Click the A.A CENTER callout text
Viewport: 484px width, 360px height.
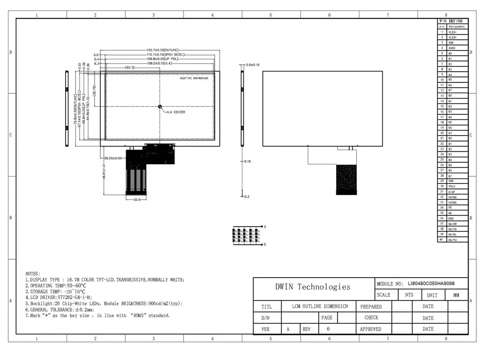(176, 112)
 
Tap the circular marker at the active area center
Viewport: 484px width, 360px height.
(160, 107)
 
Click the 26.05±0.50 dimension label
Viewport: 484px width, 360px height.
(113, 158)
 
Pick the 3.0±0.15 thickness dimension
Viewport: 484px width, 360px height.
(253, 65)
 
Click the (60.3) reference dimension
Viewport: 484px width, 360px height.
(129, 68)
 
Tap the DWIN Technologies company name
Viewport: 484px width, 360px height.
(313, 287)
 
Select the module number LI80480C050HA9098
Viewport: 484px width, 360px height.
(431, 284)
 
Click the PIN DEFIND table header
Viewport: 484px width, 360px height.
(451, 21)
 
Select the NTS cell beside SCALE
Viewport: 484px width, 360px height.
(409, 295)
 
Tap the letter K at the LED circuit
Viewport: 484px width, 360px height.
(265, 244)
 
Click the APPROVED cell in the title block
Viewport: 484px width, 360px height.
(370, 329)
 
